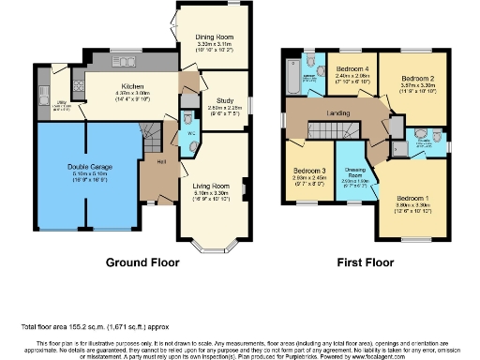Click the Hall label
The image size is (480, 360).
(x=161, y=160)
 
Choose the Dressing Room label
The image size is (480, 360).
(x=353, y=167)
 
